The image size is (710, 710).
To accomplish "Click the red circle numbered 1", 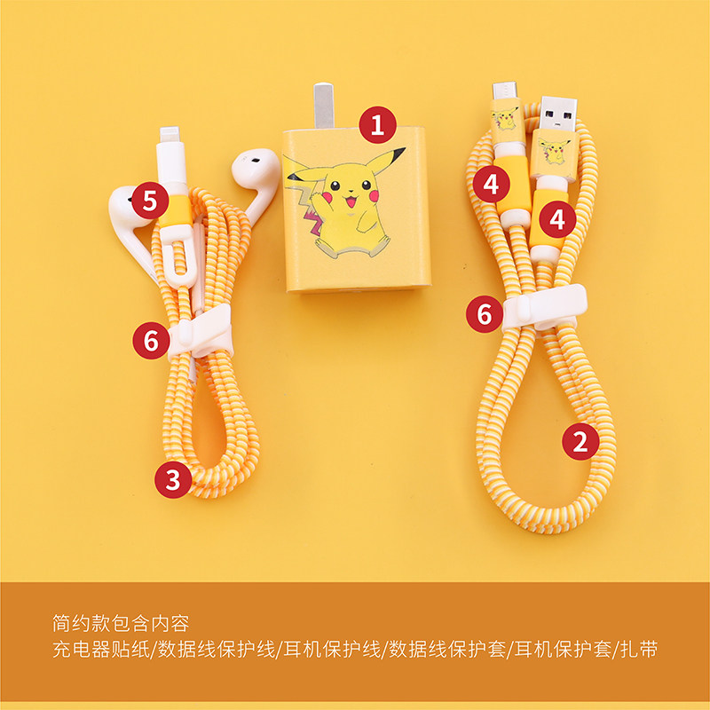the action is [378, 125].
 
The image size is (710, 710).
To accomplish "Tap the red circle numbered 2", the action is [580, 441].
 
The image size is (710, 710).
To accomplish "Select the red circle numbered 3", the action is [173, 479].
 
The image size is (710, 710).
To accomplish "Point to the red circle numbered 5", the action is [150, 201].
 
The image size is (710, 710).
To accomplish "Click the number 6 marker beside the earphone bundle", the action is [151, 341].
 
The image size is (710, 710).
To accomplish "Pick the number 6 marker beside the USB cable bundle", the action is [485, 314].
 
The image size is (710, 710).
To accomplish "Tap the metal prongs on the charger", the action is [323, 106].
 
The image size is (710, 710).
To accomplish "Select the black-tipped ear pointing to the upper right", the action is [386, 160].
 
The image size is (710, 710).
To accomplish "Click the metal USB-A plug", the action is [558, 113].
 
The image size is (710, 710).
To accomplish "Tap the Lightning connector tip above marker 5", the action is [170, 135].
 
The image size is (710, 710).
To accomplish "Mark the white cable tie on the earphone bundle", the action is [201, 332].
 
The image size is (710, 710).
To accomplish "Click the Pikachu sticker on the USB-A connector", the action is [554, 151].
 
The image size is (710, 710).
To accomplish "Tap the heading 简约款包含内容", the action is [121, 624].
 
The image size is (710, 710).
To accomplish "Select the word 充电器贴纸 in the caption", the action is [101, 650].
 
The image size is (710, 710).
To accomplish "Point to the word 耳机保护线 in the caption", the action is [332, 650].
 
